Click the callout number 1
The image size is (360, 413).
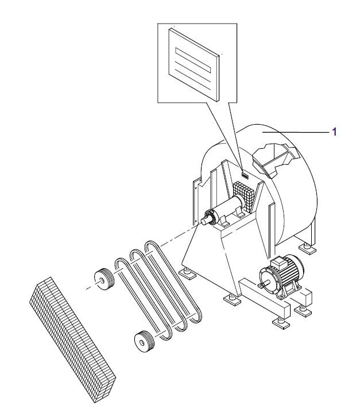coord(335,132)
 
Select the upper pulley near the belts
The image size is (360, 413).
coord(104,280)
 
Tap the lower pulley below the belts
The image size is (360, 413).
coord(144,341)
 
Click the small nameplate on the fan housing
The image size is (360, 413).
coord(245,175)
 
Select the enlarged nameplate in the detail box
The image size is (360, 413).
coord(194,64)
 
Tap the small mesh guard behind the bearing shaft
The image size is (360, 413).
coord(244,195)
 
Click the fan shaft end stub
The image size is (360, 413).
coord(205,220)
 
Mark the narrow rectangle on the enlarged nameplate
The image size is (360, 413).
coord(193,60)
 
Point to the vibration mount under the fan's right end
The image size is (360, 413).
coord(307,248)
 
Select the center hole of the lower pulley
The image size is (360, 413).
coord(142,342)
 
